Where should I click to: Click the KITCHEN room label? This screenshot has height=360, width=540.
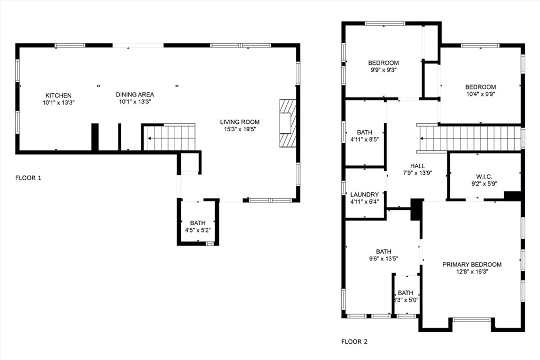pos(58,95)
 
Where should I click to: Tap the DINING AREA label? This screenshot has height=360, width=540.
pos(135,94)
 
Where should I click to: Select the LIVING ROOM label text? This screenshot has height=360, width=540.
pos(240,122)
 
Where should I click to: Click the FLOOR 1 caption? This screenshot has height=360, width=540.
pos(28,178)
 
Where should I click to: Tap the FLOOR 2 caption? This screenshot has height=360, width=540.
pos(354,342)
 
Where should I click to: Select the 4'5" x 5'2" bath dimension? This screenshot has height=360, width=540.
pos(198,230)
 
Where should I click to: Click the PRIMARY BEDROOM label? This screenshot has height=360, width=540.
pos(472,265)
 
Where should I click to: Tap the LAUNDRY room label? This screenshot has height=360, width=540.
pos(364,194)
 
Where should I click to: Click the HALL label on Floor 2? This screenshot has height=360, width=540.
pos(417,166)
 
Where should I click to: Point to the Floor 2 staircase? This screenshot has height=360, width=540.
pos(471,139)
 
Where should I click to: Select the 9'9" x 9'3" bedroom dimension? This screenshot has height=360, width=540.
pos(383,70)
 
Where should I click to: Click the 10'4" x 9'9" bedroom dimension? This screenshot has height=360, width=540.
pos(480,94)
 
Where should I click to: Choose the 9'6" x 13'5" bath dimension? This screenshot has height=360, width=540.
pos(383,259)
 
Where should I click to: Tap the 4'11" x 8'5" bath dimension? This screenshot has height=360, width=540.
pos(364,140)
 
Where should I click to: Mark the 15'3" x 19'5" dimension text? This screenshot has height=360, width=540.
pos(240,129)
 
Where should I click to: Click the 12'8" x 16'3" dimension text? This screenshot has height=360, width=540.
pos(472,272)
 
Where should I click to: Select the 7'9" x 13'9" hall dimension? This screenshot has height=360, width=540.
pos(417,173)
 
